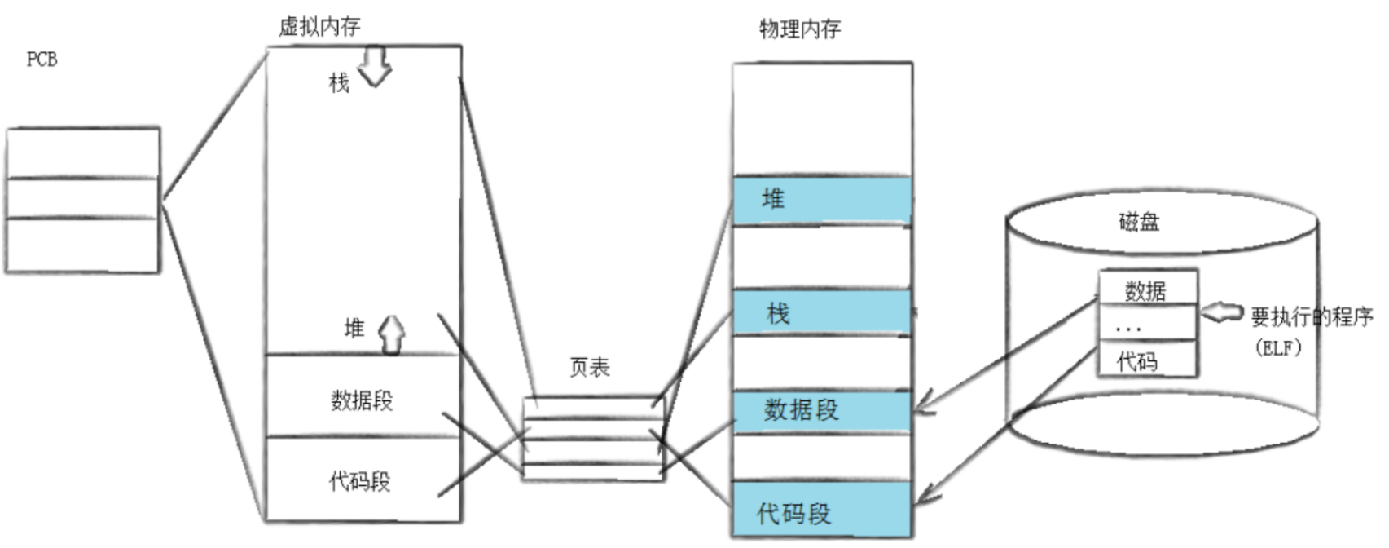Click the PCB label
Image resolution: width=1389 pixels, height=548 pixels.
[42, 60]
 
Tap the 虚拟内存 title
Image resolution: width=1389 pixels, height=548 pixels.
[319, 27]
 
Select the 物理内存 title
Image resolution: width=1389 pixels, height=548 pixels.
[799, 29]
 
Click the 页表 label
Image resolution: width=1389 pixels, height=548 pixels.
[589, 367]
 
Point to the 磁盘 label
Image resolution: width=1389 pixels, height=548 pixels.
[1139, 221]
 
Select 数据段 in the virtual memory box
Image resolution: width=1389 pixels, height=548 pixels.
[362, 400]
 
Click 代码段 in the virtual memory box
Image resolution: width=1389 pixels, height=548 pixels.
[359, 481]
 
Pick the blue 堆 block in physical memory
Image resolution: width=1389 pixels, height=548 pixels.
[821, 200]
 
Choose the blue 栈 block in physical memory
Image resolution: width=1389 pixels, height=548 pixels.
[821, 312]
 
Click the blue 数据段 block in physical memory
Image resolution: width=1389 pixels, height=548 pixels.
[821, 410]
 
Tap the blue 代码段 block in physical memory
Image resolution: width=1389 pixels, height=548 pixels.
[821, 510]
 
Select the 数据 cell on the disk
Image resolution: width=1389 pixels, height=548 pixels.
[1146, 289]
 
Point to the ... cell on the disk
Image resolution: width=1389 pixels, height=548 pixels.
[1146, 325]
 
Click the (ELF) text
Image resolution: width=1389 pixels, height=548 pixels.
[1278, 347]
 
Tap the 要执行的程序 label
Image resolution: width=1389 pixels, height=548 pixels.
[1312, 316]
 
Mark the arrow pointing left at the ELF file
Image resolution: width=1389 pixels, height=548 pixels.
[1222, 312]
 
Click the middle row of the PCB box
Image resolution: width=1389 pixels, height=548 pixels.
[82, 198]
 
